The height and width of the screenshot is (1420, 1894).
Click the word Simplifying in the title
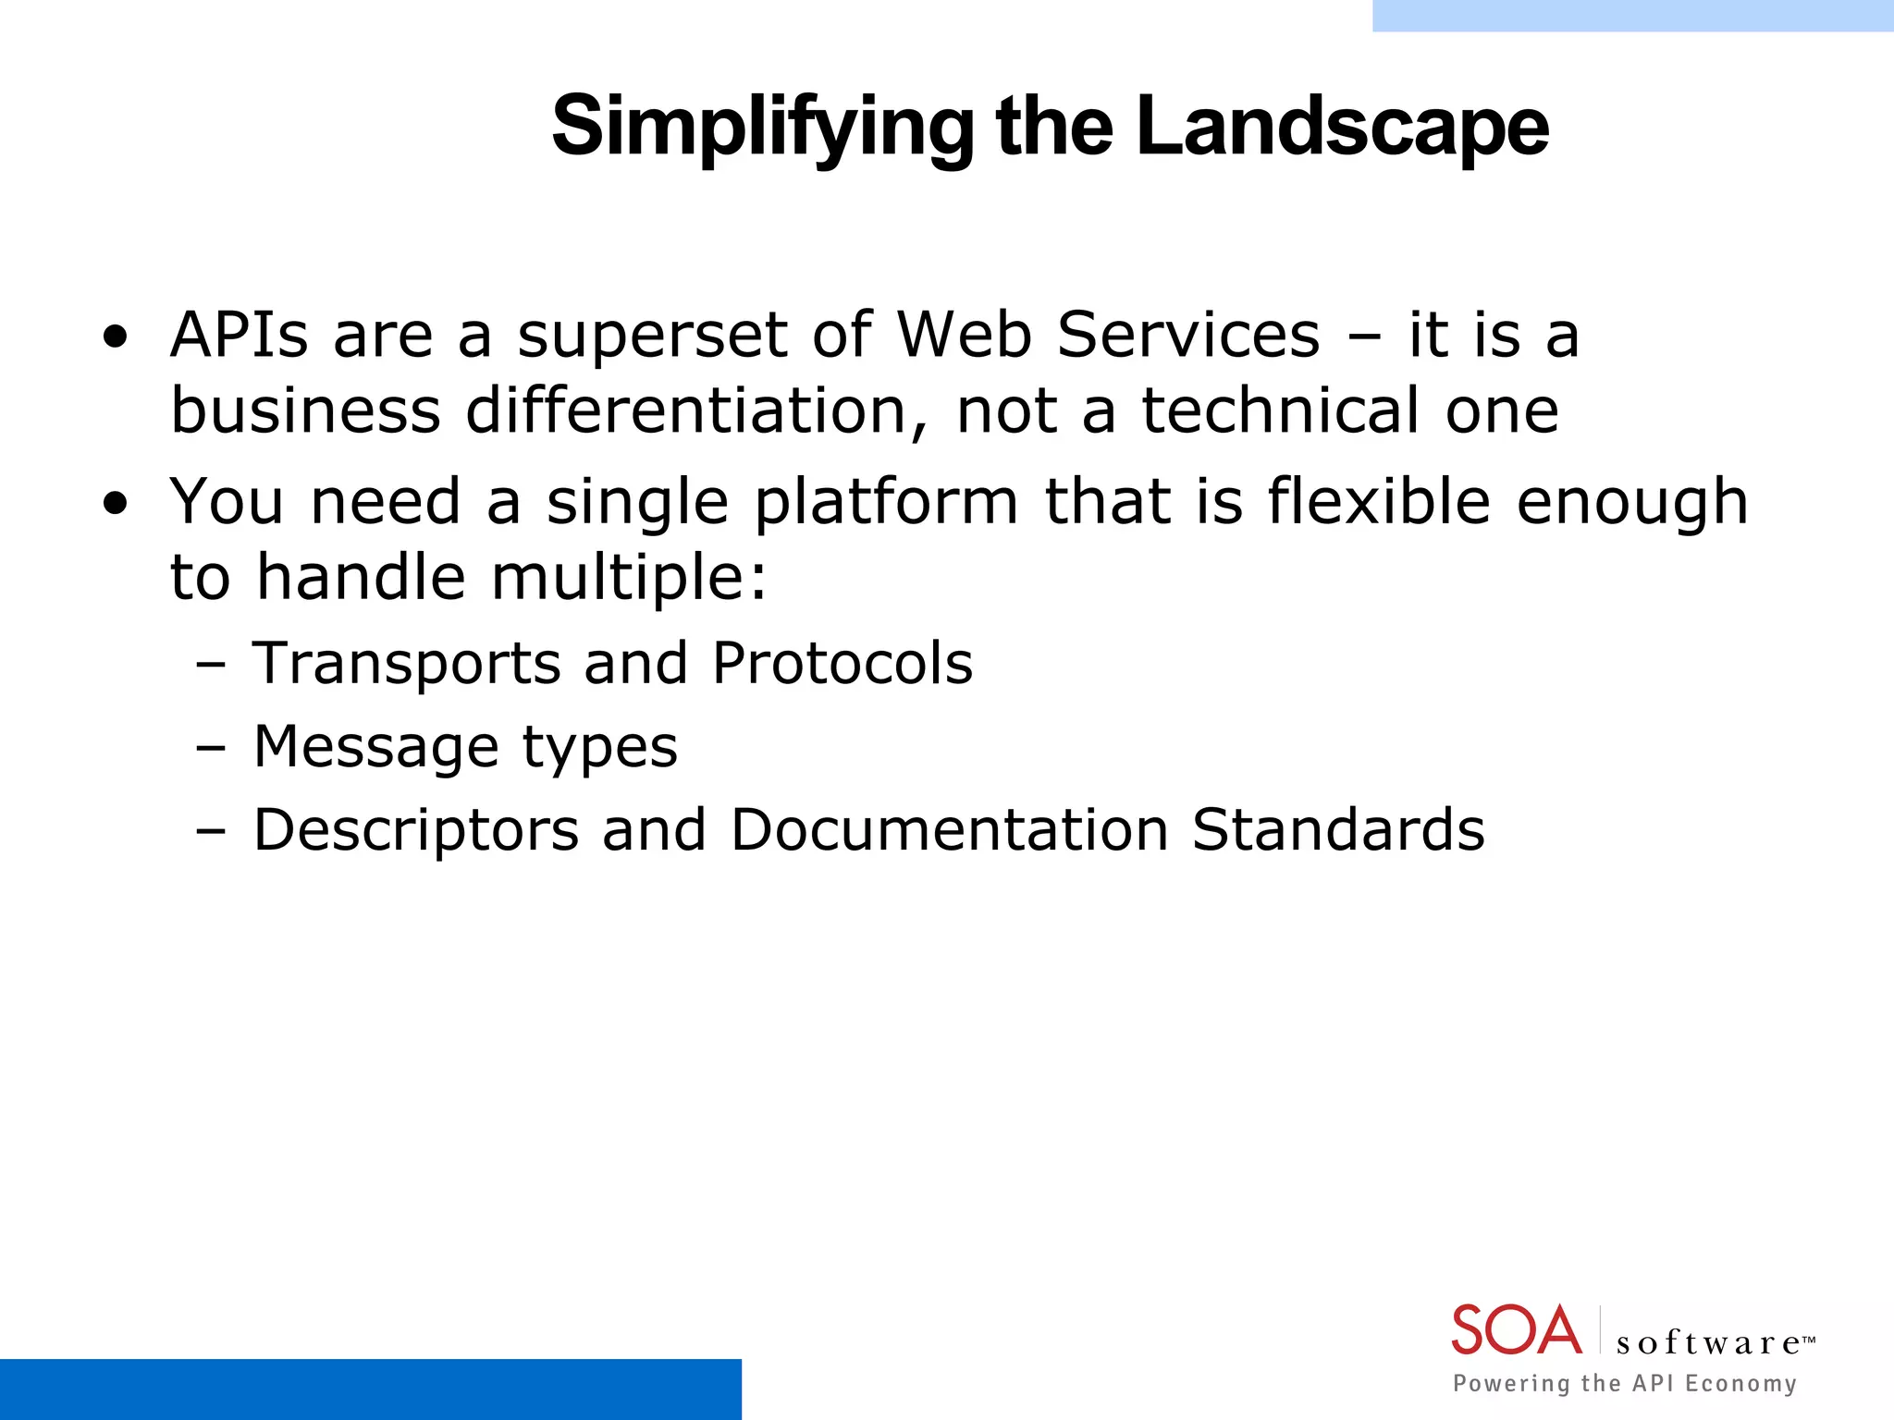pos(761,128)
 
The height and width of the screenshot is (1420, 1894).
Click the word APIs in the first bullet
pos(239,335)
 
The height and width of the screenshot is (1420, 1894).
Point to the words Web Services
pos(1108,335)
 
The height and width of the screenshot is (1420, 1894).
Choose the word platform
pos(886,503)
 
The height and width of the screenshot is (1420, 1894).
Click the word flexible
pos(1378,501)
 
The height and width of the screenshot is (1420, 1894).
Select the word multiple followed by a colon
pos(629,579)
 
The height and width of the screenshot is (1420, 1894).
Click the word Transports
pos(407,664)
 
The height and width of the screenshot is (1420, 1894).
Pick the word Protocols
pos(842,664)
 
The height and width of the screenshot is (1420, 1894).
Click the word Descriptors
pos(416,830)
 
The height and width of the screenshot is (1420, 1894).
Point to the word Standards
pos(1337,829)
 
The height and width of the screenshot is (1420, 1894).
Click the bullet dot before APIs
pos(115,338)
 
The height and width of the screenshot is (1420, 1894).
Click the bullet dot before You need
pos(115,505)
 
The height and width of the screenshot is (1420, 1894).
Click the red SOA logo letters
pos(1516,1331)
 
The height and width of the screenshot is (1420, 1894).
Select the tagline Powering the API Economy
pos(1624,1383)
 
